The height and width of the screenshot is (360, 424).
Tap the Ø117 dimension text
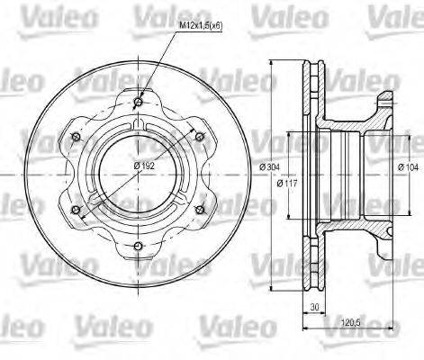pos(287,184)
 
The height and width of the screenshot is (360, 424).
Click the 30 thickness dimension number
pos(314,306)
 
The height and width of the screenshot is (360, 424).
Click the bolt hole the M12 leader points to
pos(138,102)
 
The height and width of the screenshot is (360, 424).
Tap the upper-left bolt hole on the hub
pos(76,138)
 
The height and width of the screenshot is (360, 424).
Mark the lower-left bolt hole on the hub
pos(76,211)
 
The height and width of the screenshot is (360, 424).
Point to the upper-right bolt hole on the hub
pos(200,138)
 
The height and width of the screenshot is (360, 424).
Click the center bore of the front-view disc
pos(138,174)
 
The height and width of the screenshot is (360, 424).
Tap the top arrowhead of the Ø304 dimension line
pos(269,63)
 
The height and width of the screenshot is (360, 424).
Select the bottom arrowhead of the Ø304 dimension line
pos(269,283)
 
